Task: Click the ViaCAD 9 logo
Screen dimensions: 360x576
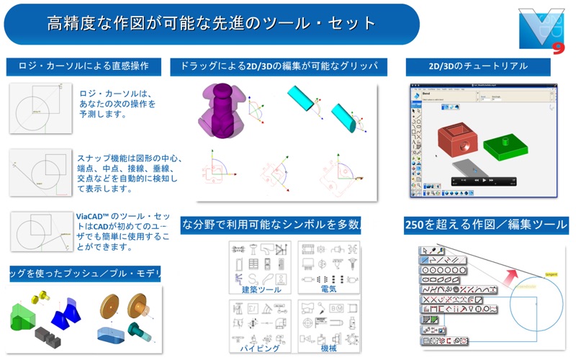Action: [541, 30]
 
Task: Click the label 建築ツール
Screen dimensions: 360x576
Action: [261, 289]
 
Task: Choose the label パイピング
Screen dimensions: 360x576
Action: [261, 348]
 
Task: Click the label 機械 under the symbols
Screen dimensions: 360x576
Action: [328, 348]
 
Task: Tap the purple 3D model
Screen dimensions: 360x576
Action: [224, 111]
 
